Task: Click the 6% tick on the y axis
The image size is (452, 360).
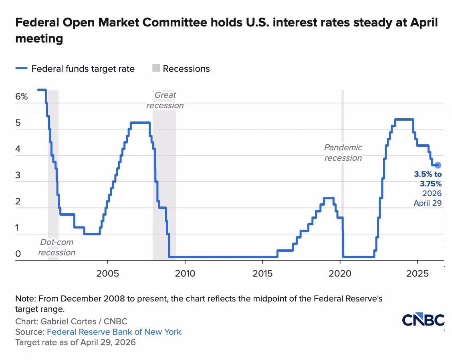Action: pyautogui.click(x=21, y=97)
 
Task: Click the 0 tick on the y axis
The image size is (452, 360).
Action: pyautogui.click(x=18, y=254)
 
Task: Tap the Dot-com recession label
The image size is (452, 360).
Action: pyautogui.click(x=56, y=247)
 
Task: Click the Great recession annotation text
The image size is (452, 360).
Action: pyautogui.click(x=165, y=100)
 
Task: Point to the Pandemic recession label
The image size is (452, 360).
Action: pyautogui.click(x=343, y=153)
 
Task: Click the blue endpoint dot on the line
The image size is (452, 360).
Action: pyautogui.click(x=438, y=165)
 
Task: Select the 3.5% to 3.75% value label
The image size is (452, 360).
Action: pyautogui.click(x=428, y=179)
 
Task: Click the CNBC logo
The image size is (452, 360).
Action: pyautogui.click(x=423, y=320)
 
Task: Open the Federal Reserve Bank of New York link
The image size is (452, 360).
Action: pyautogui.click(x=114, y=332)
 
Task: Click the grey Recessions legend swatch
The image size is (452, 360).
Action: pyautogui.click(x=155, y=69)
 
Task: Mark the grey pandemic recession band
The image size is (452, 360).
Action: pyautogui.click(x=342, y=200)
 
